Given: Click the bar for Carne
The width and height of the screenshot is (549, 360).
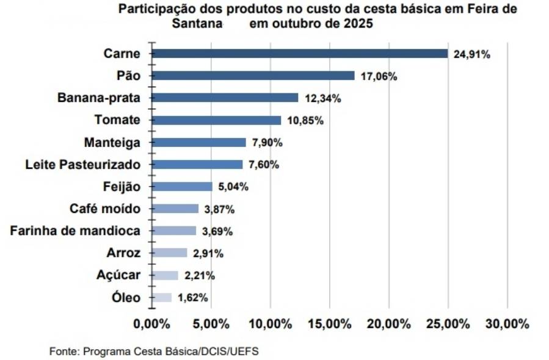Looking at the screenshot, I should pyautogui.click(x=299, y=53).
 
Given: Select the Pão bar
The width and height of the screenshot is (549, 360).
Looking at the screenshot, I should pyautogui.click(x=253, y=76).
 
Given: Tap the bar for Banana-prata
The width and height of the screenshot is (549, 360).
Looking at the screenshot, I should pyautogui.click(x=225, y=98).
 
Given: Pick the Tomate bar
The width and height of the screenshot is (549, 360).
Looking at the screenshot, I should pyautogui.click(x=216, y=120).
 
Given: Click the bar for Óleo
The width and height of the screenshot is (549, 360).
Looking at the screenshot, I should pyautogui.click(x=161, y=298).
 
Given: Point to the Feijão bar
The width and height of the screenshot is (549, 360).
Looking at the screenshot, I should pyautogui.click(x=181, y=187).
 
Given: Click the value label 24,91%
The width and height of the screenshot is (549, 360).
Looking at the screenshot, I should pyautogui.click(x=472, y=54).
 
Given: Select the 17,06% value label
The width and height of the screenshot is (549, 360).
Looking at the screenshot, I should pyautogui.click(x=379, y=76).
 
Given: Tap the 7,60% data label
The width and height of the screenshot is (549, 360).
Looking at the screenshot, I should pyautogui.click(x=264, y=165).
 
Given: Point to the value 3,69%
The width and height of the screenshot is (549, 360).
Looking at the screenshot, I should pyautogui.click(x=219, y=231).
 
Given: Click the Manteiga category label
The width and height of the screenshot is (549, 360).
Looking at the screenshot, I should pyautogui.click(x=112, y=142).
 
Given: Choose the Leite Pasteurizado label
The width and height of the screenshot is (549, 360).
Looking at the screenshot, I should pyautogui.click(x=83, y=164).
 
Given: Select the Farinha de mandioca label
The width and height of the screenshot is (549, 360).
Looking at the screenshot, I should pyautogui.click(x=76, y=231).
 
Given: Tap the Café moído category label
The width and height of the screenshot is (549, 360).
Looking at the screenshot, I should pyautogui.click(x=105, y=209).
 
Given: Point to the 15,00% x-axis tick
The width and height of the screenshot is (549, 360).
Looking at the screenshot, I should pyautogui.click(x=330, y=324).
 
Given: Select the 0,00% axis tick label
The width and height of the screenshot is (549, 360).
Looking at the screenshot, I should pyautogui.click(x=151, y=324).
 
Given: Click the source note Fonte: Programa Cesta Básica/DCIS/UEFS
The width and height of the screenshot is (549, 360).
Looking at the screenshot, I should pyautogui.click(x=158, y=352).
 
